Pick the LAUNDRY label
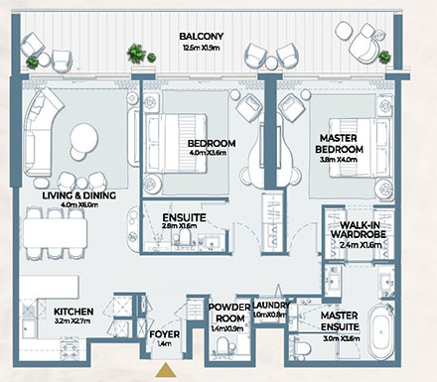click(273, 307)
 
